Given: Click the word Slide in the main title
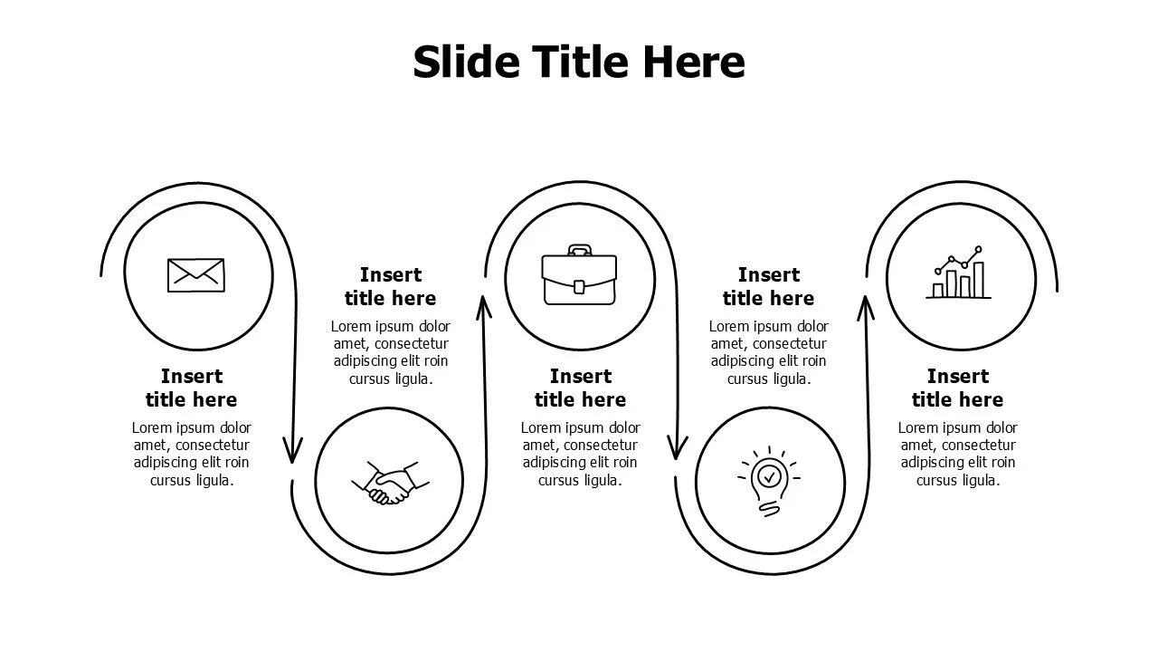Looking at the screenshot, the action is point(466,62).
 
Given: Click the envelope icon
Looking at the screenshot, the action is point(196,275).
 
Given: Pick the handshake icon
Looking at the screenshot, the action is point(390,484).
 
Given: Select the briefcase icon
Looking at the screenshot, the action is point(579,274).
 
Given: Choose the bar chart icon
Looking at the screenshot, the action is point(959,273).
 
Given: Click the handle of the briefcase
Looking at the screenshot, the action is point(580,250).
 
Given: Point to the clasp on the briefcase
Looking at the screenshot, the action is point(579,287).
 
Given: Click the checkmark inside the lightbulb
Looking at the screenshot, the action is point(769,476).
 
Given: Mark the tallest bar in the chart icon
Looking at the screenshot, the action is point(979,280).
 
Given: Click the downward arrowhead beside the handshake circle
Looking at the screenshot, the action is point(292,450).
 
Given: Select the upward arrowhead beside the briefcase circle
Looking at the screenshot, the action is point(484,307).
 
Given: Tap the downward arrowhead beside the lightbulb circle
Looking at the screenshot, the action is point(677,447).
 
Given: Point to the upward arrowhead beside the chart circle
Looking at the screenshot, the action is point(866,309).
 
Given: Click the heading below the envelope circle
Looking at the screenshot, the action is point(191,388).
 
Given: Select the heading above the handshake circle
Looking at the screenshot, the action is point(390,286).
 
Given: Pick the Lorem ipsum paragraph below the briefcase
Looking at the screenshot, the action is point(580,454).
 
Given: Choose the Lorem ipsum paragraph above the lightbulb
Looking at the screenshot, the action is point(769,352).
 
